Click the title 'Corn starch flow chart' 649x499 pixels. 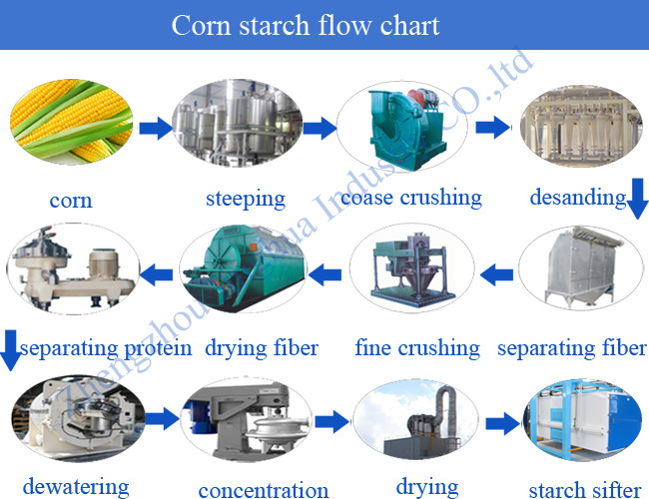[306, 25]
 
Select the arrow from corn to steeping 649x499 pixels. [154, 128]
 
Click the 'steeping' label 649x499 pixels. [245, 199]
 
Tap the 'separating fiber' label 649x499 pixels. [572, 348]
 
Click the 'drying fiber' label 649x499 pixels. [262, 348]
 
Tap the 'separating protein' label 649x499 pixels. [106, 348]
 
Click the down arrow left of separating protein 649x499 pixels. [9, 351]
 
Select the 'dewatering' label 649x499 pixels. [76, 487]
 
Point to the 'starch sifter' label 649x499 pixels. [582, 489]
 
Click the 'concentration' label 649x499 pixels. [264, 489]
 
